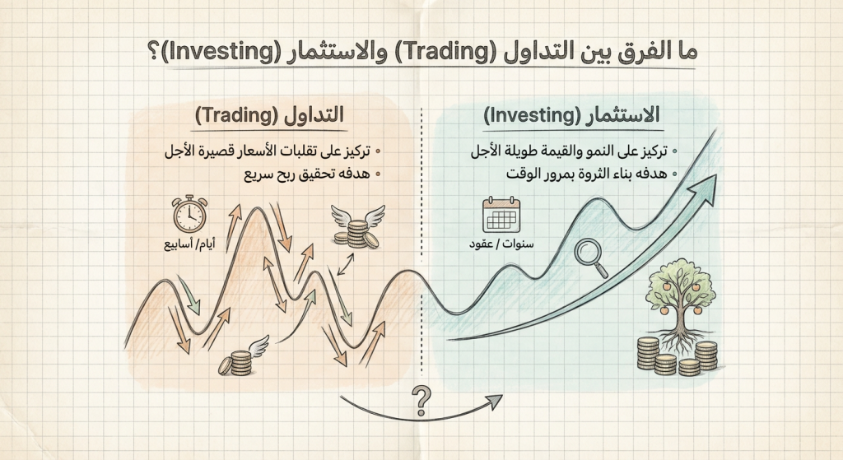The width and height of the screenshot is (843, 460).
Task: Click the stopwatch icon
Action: (x=189, y=214)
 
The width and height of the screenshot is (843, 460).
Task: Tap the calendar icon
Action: (x=500, y=216)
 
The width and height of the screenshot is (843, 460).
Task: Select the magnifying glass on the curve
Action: (x=589, y=254)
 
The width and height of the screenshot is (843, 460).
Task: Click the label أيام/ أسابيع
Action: (x=188, y=244)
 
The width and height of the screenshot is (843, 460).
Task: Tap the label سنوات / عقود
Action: (x=501, y=247)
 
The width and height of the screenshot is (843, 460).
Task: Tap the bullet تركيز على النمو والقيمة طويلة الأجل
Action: (x=571, y=152)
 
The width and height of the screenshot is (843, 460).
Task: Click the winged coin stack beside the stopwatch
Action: (x=356, y=229)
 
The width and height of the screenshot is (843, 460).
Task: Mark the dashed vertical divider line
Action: (x=421, y=247)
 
